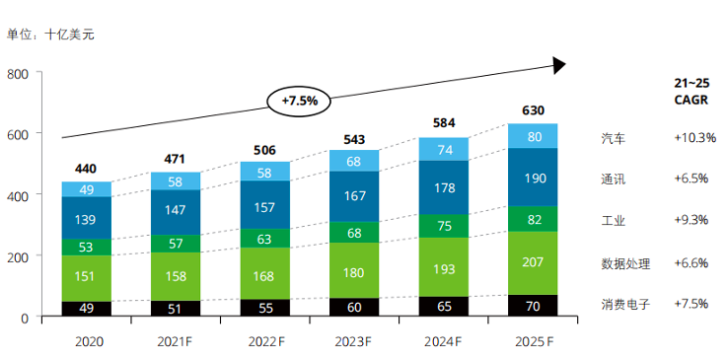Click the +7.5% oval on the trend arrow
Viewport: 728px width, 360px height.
tap(299, 101)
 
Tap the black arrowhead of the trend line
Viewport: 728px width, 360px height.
tap(559, 65)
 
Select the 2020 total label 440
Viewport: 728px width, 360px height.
tap(86, 169)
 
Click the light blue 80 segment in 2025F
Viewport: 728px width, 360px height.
tap(533, 136)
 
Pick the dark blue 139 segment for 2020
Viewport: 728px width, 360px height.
tap(87, 218)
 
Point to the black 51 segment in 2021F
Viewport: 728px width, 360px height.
tap(176, 309)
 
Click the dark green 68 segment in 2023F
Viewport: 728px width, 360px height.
tap(354, 233)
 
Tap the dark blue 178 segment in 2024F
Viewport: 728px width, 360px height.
tap(444, 187)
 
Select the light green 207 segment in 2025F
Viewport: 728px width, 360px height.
tap(533, 263)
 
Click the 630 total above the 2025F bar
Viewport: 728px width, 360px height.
tap(533, 110)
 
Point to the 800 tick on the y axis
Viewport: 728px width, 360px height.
tap(18, 73)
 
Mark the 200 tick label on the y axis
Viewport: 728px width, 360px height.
tap(18, 255)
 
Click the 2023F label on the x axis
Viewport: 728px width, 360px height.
tap(353, 342)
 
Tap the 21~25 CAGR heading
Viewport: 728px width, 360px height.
tap(692, 92)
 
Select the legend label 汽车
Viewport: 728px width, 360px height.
tap(613, 139)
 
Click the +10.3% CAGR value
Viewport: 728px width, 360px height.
tap(695, 138)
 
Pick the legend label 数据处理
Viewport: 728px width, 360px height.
tap(625, 264)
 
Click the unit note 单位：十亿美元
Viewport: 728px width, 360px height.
tap(50, 35)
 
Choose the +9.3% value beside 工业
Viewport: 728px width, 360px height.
tap(692, 219)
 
